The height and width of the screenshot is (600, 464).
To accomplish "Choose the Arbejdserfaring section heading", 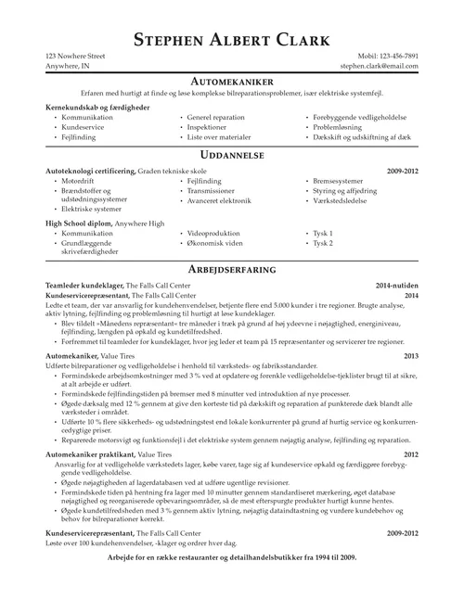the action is [x=231, y=266].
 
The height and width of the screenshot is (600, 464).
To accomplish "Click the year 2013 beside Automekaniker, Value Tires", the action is [x=410, y=355].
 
